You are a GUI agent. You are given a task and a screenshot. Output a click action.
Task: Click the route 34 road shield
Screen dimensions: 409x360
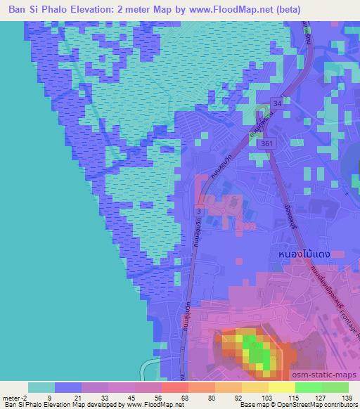coord(277,103)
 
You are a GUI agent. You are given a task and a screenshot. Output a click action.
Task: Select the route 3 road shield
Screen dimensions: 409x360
coord(200,210)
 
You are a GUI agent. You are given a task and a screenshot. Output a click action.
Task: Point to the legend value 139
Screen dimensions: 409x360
coord(347,398)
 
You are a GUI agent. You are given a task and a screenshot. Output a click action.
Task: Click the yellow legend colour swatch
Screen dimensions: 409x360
coord(281,387)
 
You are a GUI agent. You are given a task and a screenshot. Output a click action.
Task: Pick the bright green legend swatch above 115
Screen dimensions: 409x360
coord(308,387)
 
